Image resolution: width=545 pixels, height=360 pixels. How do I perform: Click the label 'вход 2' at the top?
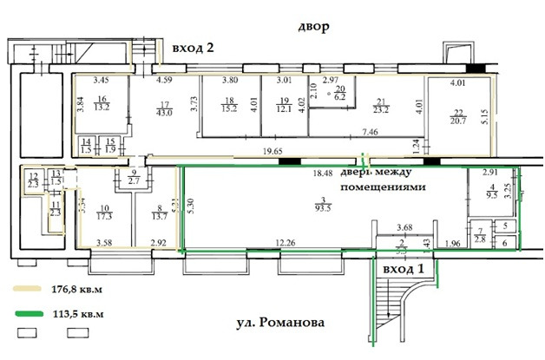pyautogui.click(x=193, y=48)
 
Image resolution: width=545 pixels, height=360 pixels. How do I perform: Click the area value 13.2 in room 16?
pyautogui.click(x=102, y=109)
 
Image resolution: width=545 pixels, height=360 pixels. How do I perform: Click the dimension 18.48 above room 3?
pyautogui.click(x=324, y=173)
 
